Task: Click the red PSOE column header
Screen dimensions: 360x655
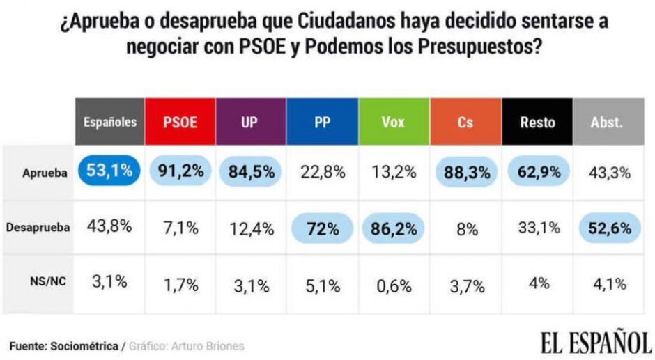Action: tap(180, 122)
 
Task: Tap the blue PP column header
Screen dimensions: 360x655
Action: tap(322, 122)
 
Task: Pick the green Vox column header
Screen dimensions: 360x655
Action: tap(393, 122)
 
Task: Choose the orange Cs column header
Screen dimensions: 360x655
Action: tap(465, 122)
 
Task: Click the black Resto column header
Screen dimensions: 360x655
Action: tap(537, 122)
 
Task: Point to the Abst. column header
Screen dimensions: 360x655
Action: tap(606, 122)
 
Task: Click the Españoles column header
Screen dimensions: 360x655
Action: tap(109, 122)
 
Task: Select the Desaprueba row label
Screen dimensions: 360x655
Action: tap(38, 228)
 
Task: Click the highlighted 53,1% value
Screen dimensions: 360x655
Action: tap(109, 171)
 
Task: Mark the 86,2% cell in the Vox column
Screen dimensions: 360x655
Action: tap(394, 228)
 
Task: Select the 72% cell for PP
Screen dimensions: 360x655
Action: tap(322, 228)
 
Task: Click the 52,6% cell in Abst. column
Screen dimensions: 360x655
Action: tap(608, 228)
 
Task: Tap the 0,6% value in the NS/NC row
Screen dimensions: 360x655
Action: tap(394, 283)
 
